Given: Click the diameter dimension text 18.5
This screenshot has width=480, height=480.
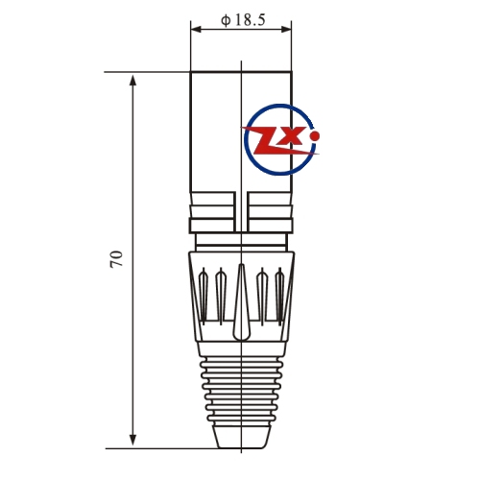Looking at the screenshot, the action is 251,20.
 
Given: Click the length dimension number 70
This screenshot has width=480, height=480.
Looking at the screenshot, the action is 116,259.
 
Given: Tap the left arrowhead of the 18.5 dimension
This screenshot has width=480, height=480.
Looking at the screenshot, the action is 196,30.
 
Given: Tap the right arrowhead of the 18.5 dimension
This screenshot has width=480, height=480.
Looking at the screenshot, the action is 286,30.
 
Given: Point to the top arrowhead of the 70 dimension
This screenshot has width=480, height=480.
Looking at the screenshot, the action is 132,80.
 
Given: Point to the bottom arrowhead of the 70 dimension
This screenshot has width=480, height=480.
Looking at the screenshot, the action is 132,441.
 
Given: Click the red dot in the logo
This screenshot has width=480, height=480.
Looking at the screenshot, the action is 315,136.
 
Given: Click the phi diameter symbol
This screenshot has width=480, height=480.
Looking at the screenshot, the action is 226,20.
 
